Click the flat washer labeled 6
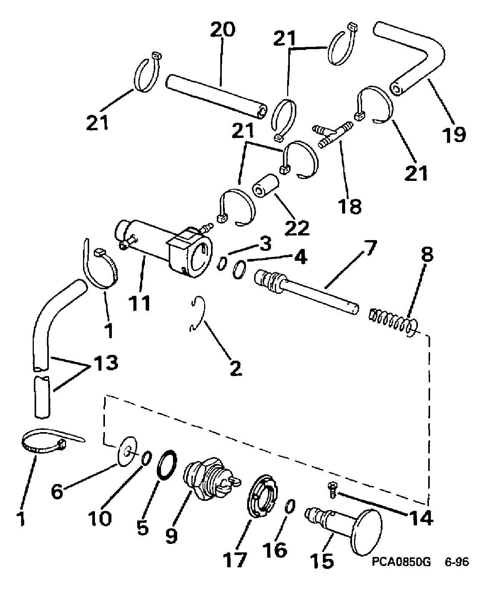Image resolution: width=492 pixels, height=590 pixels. coord(127,451)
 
